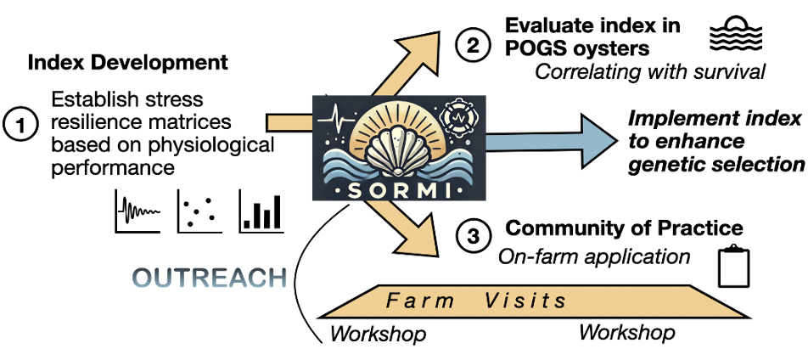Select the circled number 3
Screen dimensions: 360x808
pyautogui.click(x=472, y=235)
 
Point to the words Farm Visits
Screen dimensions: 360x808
pyautogui.click(x=476, y=300)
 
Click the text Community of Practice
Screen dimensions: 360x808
pyautogui.click(x=624, y=228)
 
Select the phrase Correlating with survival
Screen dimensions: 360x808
pyautogui.click(x=651, y=70)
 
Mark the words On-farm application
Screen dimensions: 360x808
pyautogui.click(x=594, y=256)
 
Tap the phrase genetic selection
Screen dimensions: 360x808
pyautogui.click(x=716, y=162)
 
